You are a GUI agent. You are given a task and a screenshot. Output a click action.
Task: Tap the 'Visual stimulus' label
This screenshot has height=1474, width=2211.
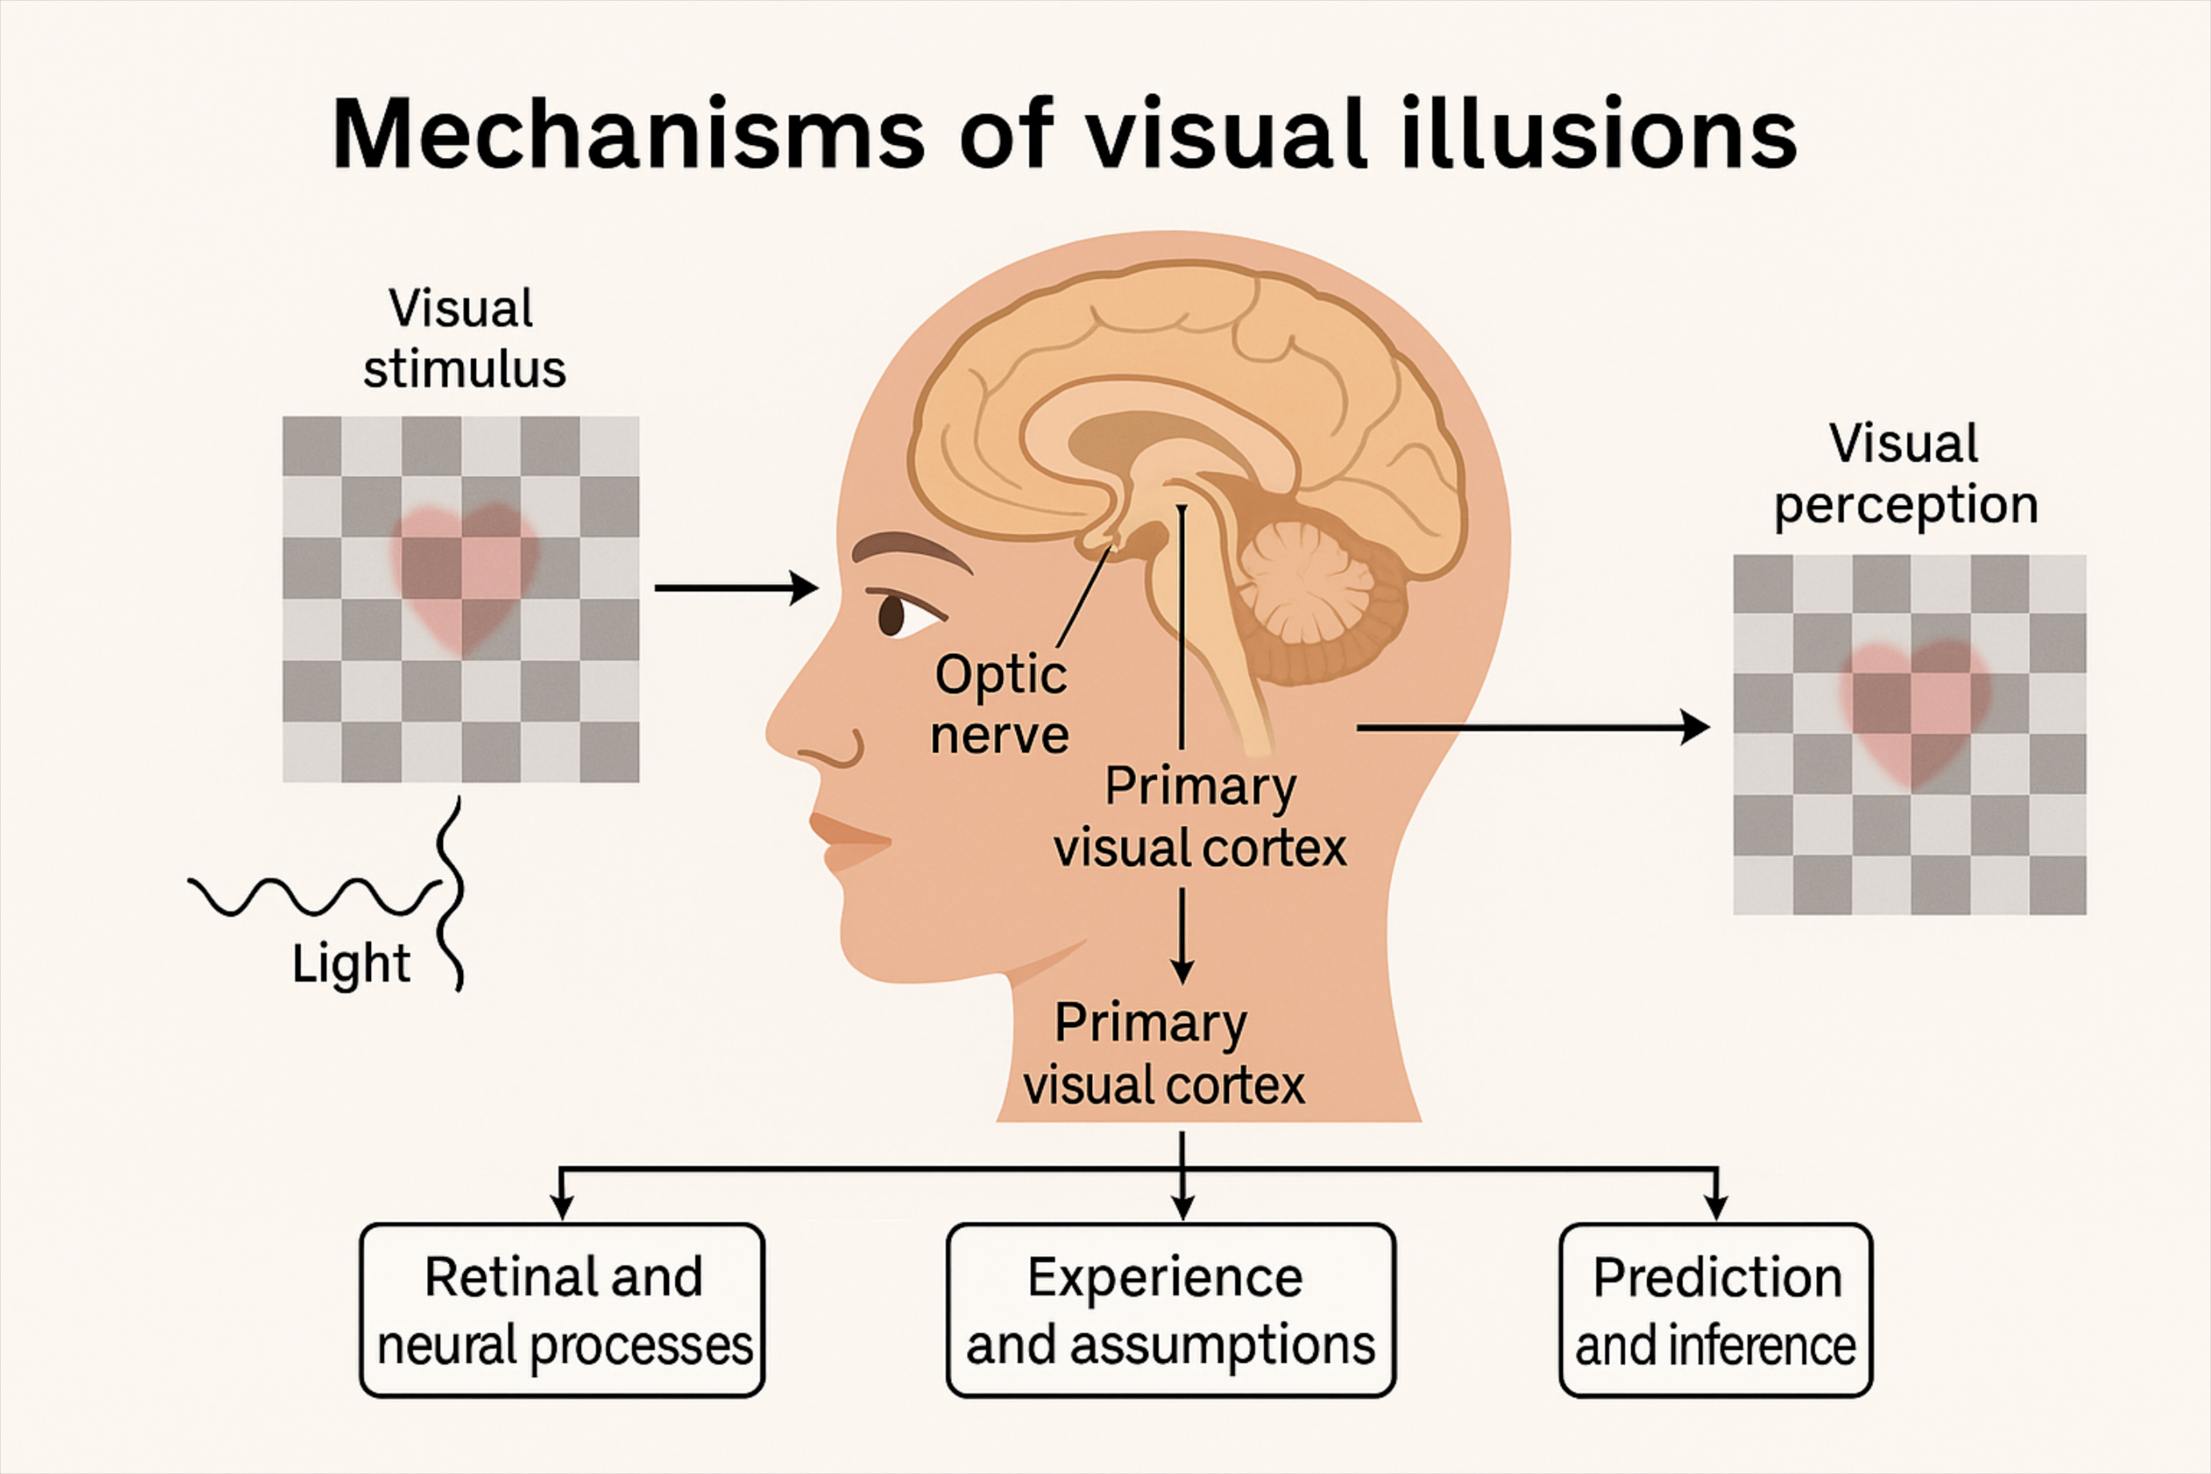tap(464, 338)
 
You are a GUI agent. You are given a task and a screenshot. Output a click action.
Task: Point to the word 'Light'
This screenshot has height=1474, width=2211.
tap(351, 964)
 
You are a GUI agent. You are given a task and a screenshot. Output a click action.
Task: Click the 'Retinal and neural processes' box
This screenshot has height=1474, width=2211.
tap(562, 1311)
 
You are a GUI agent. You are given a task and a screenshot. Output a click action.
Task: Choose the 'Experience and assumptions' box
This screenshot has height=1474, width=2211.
tap(1170, 1311)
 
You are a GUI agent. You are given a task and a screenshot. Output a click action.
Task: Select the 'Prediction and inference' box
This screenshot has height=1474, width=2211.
tap(1716, 1311)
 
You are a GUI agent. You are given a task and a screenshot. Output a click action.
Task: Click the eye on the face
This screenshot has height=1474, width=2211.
tap(893, 616)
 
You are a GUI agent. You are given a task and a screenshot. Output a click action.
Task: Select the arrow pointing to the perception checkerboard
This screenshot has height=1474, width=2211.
tap(1532, 727)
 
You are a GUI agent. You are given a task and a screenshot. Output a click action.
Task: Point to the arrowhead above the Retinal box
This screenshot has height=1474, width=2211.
tap(562, 1207)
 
